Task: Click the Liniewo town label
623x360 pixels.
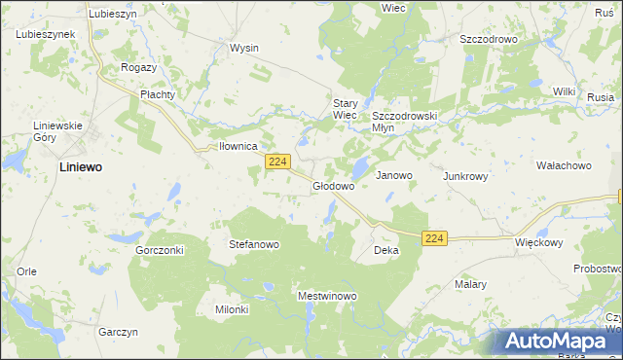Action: point(81,167)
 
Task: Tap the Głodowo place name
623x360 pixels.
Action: point(333,185)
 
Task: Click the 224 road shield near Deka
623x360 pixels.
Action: point(435,238)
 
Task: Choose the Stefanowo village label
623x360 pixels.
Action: point(254,244)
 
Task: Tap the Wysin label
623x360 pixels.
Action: point(243,47)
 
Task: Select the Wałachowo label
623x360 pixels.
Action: point(564,165)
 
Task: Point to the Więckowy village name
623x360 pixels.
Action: point(539,241)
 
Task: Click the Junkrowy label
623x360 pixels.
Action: point(465,177)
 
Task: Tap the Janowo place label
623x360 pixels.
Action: point(394,176)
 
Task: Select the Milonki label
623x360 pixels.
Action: point(232,309)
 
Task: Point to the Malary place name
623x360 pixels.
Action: point(470,285)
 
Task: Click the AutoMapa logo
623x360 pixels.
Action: point(559,340)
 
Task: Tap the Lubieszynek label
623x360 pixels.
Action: point(46,34)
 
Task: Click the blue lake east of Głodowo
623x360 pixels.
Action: point(359,168)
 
